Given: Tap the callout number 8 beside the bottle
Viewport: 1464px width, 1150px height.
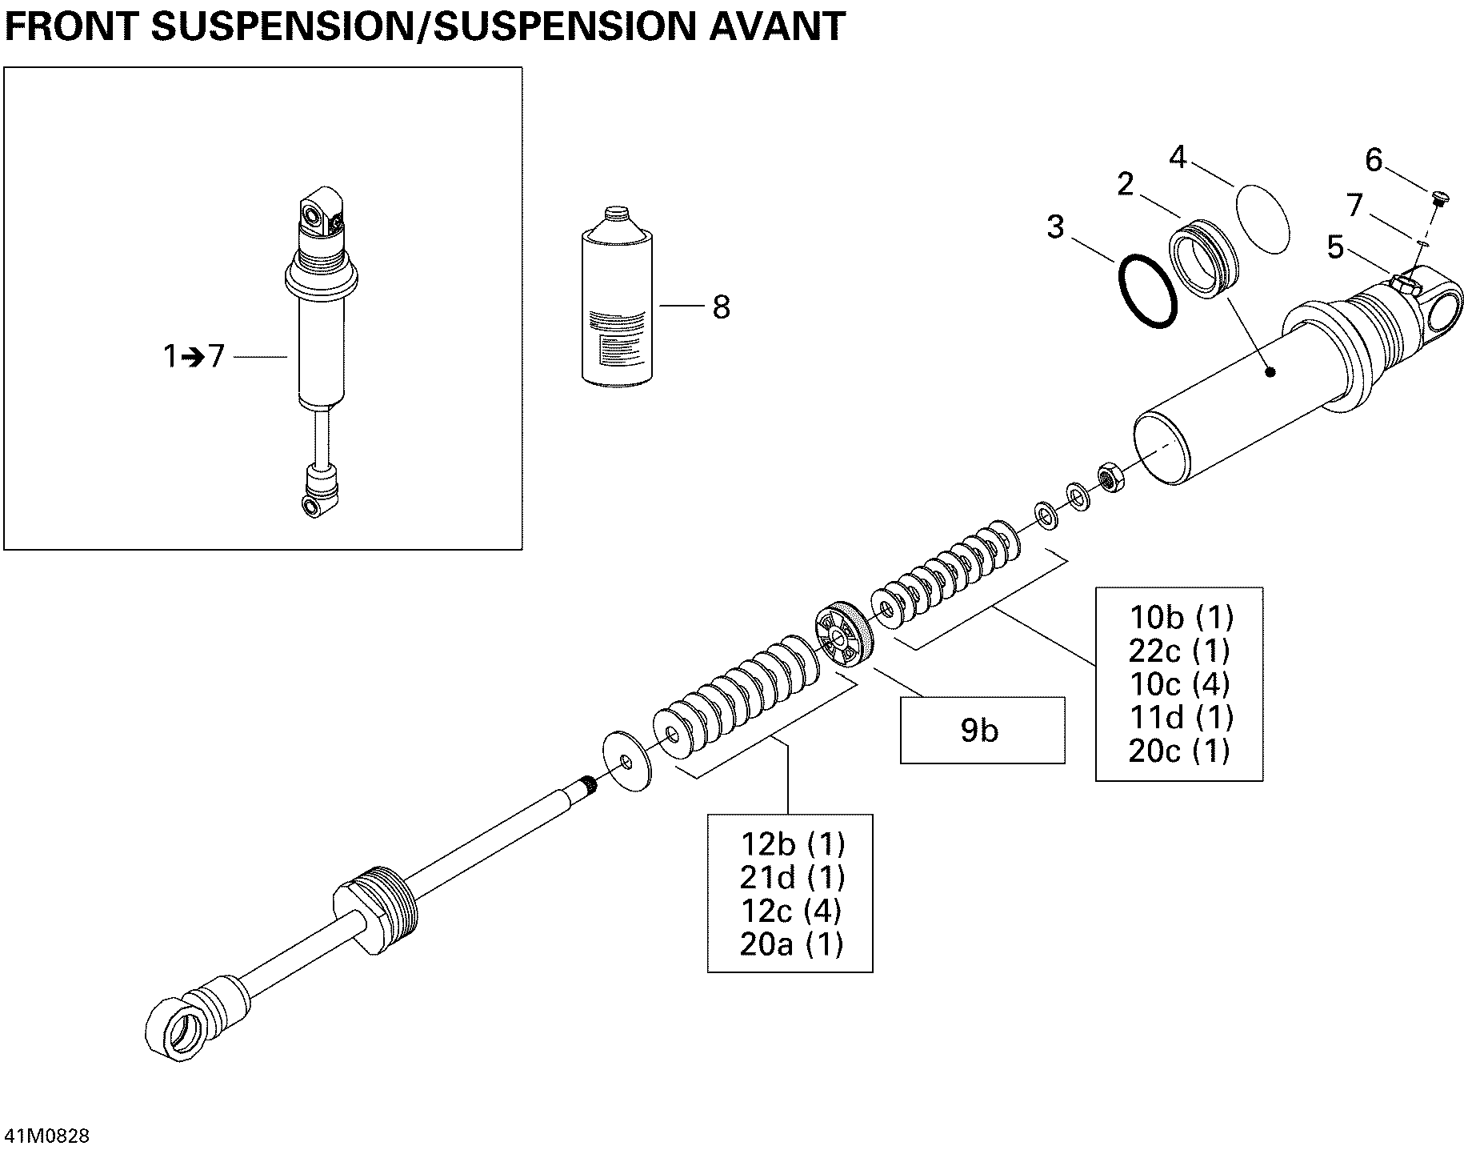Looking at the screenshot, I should [x=721, y=307].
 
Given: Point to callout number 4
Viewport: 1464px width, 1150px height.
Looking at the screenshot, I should [x=1178, y=158].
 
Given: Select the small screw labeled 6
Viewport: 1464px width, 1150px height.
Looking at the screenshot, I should [x=1436, y=195].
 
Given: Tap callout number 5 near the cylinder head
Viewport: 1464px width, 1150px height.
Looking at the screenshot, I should [x=1335, y=248].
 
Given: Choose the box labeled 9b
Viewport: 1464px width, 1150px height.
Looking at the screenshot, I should [x=982, y=730].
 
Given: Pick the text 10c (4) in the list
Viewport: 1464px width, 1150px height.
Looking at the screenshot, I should [x=1179, y=684].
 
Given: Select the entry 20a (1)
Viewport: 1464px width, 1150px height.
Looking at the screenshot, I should [x=791, y=945].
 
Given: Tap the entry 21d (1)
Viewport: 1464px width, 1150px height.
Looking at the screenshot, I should [x=791, y=878].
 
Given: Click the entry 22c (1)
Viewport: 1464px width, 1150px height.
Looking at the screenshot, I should [x=1179, y=651].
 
